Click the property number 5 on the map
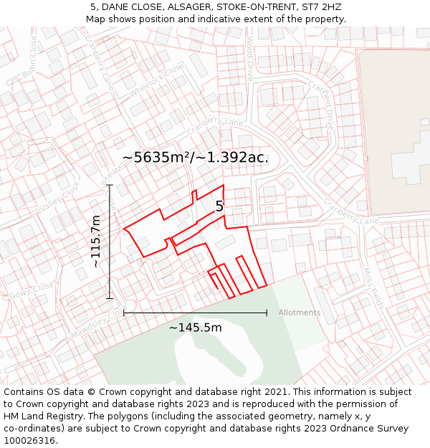pos(219,206)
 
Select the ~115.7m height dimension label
pos(96,242)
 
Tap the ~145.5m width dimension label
pos(195,328)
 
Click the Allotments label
pos(299,313)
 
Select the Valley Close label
pos(59,196)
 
